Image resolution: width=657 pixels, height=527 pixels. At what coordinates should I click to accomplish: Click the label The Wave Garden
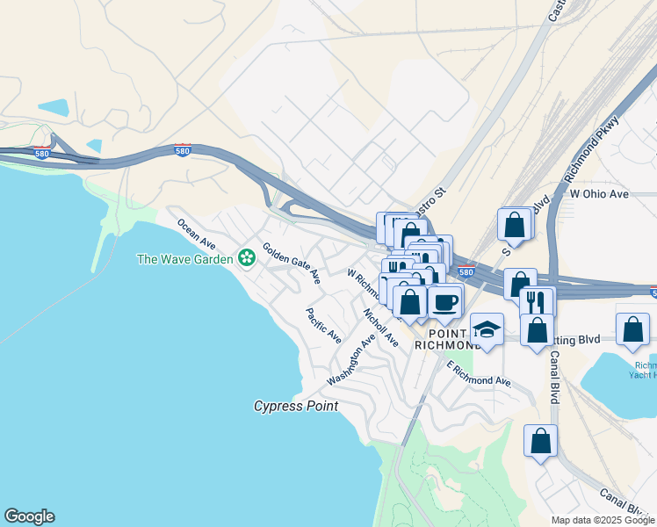coord(185,258)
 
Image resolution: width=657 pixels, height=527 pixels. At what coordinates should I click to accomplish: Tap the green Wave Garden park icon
coord(247,257)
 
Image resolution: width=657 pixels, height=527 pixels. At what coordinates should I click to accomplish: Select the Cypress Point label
coord(296,406)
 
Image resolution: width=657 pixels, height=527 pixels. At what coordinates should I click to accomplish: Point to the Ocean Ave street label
coord(197,231)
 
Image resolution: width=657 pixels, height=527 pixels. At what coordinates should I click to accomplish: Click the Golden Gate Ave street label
coord(291,263)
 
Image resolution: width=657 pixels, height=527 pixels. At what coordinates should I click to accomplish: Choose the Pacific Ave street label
coord(323,325)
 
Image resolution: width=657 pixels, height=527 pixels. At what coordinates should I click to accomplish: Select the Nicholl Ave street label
coord(380,323)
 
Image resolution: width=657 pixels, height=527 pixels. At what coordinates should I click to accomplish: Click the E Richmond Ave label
coord(479,374)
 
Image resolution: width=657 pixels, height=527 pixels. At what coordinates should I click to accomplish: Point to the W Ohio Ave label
coord(599,193)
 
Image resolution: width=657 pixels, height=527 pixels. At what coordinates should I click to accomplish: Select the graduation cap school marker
coord(487,329)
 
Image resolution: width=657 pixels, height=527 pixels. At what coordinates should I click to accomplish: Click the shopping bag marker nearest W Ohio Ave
coord(514,225)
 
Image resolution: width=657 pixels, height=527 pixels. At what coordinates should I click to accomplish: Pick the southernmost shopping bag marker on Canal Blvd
coord(541,441)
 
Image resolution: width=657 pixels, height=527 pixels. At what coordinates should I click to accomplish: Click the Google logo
coord(29,516)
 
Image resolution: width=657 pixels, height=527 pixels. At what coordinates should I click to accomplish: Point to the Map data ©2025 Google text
coord(603,520)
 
